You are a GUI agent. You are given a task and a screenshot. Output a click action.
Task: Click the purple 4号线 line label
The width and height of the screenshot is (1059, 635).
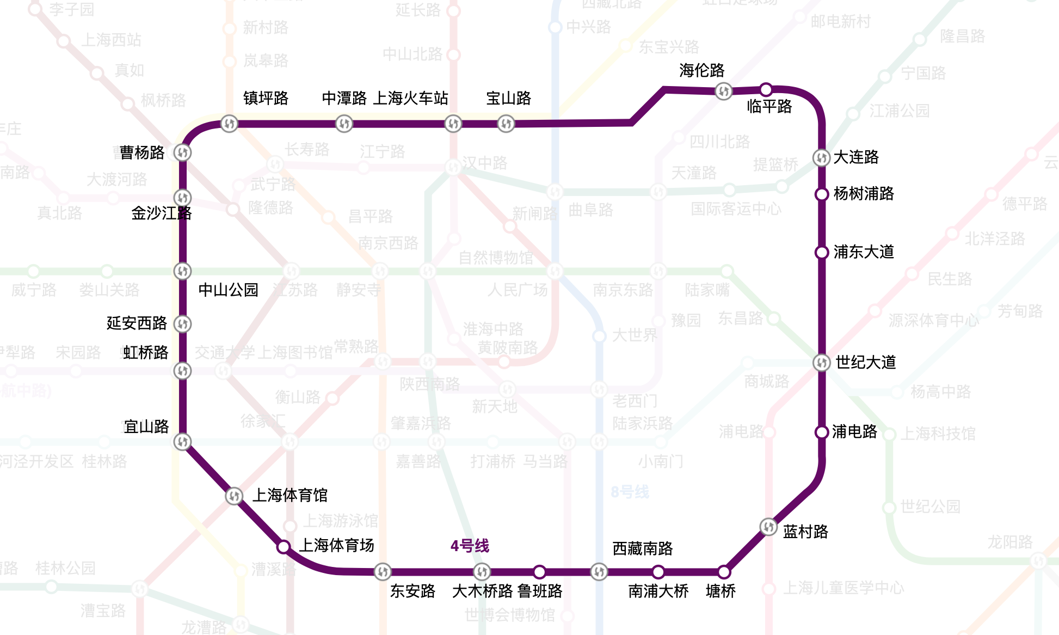pos(470,545)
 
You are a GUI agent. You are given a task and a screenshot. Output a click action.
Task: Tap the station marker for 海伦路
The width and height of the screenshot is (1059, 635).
pos(723,91)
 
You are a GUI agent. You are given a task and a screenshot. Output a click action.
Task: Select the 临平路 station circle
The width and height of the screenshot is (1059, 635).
pos(766,89)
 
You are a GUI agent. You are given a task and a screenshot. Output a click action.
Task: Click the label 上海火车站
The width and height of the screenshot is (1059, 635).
pos(411,98)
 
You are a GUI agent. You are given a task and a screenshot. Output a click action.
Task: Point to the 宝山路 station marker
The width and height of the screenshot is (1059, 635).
pos(506,124)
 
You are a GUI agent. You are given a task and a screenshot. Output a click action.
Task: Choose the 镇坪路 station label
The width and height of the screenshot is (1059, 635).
pos(266,98)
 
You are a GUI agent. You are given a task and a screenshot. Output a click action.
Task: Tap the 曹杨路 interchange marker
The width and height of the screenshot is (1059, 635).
pos(182,152)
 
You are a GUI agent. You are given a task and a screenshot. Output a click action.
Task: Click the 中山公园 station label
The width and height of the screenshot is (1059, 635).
pos(228,290)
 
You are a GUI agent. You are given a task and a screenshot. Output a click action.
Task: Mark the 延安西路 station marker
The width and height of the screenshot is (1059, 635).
pos(182,324)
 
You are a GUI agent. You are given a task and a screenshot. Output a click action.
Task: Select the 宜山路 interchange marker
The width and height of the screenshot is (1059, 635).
pos(182,441)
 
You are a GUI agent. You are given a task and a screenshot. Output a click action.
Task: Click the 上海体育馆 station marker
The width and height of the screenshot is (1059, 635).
pos(234,496)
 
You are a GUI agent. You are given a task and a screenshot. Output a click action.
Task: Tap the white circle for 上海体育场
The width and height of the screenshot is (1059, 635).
pos(284,546)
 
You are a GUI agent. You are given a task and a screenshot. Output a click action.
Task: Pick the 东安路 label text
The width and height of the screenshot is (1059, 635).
pos(412,591)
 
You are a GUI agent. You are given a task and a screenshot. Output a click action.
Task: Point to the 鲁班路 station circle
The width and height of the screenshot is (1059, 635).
pos(539,572)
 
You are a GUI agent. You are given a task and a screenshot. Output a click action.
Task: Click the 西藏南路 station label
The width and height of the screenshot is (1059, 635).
pos(643,548)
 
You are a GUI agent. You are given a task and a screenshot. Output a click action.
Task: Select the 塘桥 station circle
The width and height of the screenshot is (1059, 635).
pos(724,572)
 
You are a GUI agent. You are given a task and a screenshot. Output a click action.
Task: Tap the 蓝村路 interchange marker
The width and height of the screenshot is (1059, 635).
pos(768,527)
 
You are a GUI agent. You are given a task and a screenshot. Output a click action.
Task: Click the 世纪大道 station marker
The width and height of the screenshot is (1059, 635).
pos(822,362)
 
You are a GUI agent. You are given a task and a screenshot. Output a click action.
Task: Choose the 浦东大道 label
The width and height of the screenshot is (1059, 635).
pos(864,252)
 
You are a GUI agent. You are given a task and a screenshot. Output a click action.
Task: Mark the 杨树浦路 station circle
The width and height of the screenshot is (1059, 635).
pos(822,194)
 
